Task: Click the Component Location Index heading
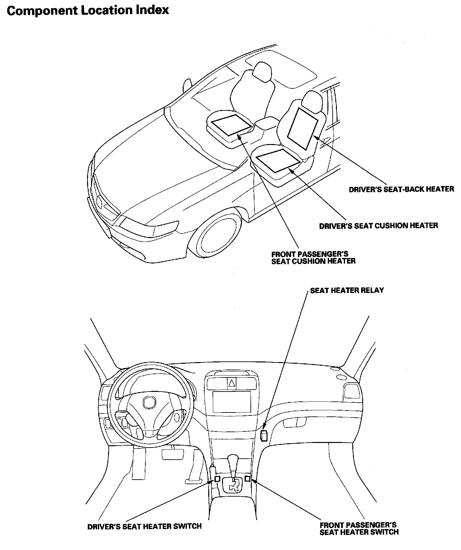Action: point(88,10)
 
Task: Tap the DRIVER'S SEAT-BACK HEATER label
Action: point(401,189)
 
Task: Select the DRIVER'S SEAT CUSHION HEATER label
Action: point(378,226)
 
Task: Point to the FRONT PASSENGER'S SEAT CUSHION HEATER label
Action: point(313,257)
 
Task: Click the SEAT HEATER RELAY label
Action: point(347,290)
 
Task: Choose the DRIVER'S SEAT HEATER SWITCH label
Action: point(144,526)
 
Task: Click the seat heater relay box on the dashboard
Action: point(264,436)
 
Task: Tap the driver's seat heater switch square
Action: point(217,479)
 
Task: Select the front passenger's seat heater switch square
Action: point(248,479)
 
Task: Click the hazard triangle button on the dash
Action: point(231,383)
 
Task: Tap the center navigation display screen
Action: point(231,402)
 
